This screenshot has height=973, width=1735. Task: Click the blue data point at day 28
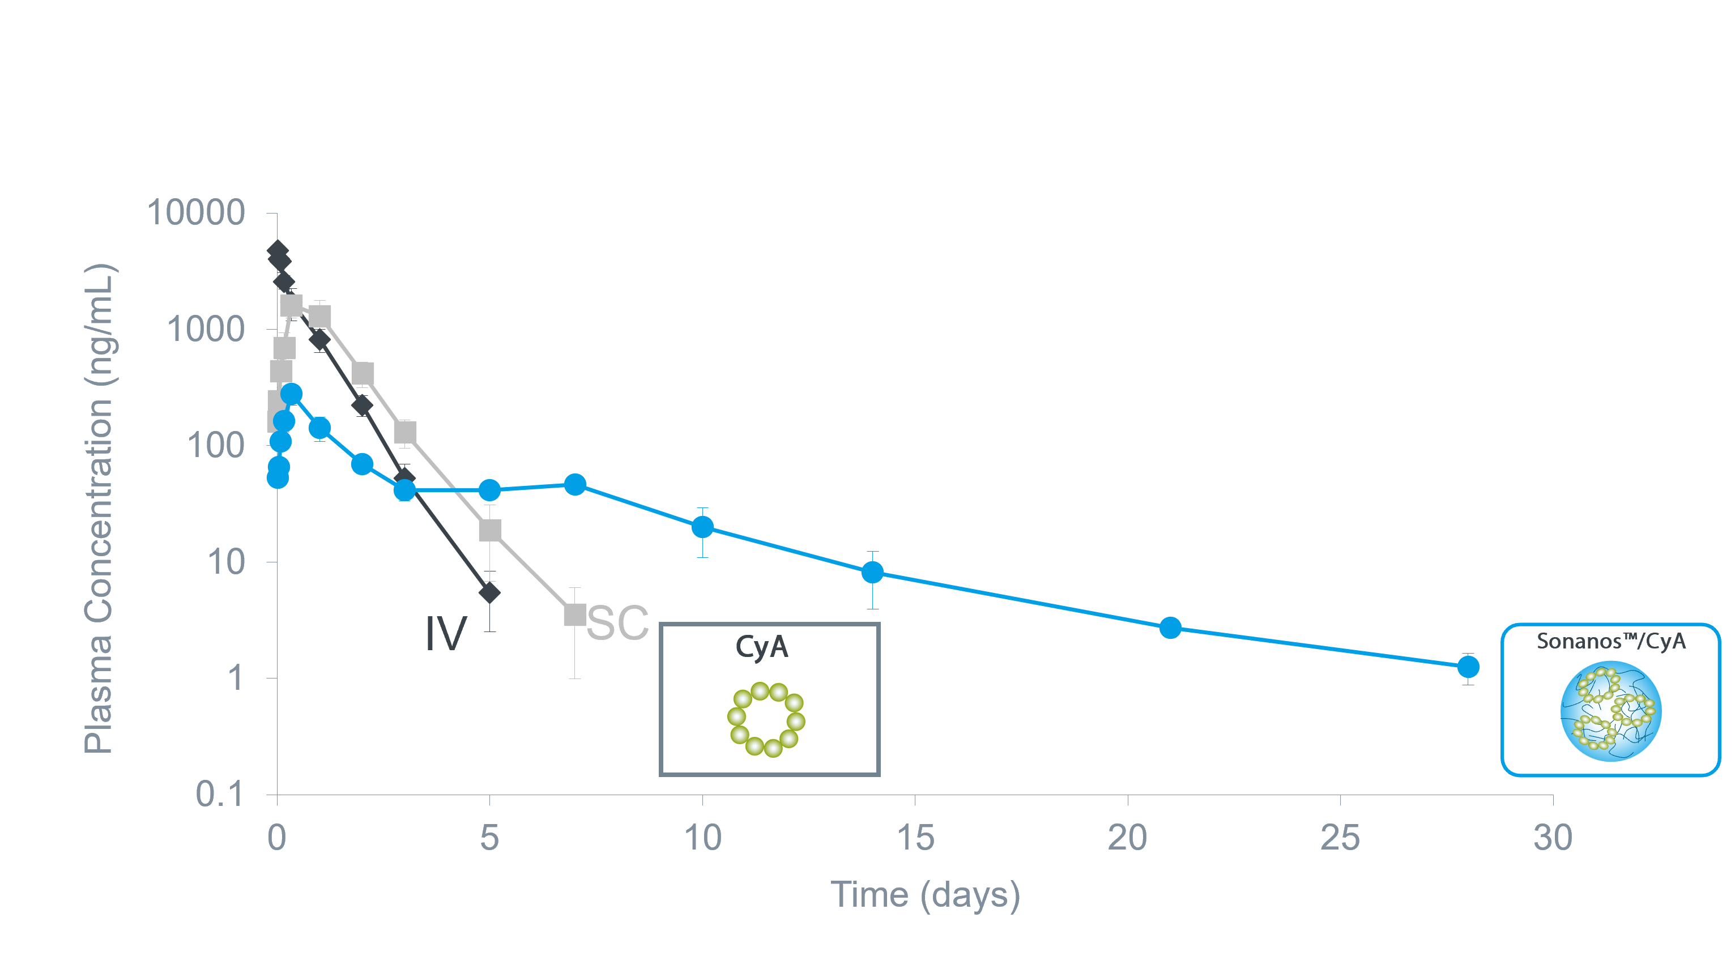click(x=1468, y=667)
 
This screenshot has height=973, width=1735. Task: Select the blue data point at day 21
click(x=1171, y=628)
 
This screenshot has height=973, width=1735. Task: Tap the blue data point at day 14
click(x=872, y=573)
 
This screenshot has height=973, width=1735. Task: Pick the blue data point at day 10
click(x=702, y=527)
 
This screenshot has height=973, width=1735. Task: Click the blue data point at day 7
click(x=574, y=484)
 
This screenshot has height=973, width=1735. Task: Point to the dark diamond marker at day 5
click(x=489, y=592)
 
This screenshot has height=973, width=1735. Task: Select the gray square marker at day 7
click(x=574, y=614)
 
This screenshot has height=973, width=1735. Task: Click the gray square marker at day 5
click(x=489, y=530)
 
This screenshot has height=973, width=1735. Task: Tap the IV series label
click(x=446, y=634)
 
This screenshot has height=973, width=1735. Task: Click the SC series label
click(x=617, y=623)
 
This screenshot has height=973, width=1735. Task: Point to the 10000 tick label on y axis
click(x=196, y=213)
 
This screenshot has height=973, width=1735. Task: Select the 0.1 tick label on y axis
click(x=219, y=794)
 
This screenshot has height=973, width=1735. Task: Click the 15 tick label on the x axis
click(x=915, y=838)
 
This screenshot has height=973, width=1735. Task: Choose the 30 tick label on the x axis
click(x=1553, y=838)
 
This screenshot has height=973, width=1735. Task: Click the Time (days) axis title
click(x=926, y=895)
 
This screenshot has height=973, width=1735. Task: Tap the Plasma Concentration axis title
click(x=99, y=509)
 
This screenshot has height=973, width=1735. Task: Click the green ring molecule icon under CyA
click(x=766, y=719)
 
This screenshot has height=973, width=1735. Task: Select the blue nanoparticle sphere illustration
click(x=1611, y=711)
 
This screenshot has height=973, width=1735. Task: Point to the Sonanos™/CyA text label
click(x=1611, y=641)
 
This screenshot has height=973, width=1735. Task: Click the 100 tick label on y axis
click(x=215, y=446)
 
